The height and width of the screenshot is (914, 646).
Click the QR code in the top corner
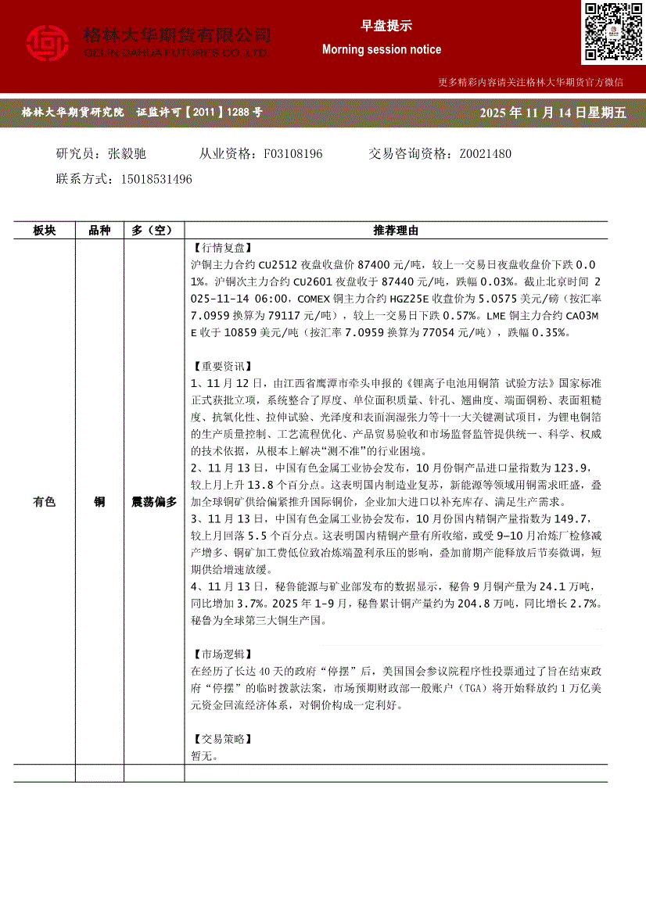[612, 32]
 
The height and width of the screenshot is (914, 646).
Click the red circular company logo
[48, 44]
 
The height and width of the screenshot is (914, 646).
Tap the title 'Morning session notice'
[382, 49]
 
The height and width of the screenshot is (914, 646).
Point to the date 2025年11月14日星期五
[553, 113]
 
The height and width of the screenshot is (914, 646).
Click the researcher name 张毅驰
[127, 154]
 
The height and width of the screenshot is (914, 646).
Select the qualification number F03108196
[293, 154]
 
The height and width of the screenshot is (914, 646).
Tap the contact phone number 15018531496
[156, 179]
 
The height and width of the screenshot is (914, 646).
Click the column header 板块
[45, 231]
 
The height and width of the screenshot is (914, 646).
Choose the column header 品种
[99, 231]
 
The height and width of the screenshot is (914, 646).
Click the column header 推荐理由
[396, 231]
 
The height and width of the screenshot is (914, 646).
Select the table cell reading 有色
[45, 502]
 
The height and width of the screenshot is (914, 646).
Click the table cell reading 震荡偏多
[154, 502]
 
